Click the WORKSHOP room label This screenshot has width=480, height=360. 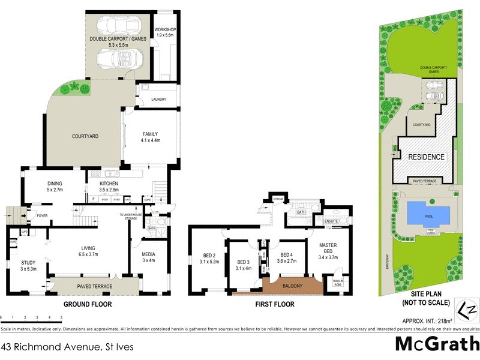pyautogui.click(x=164, y=29)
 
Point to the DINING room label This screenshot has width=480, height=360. pyautogui.click(x=59, y=183)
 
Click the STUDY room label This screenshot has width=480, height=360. pyautogui.click(x=28, y=262)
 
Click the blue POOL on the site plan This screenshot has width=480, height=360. pyautogui.click(x=428, y=212)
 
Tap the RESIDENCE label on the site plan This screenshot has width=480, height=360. pyautogui.click(x=427, y=157)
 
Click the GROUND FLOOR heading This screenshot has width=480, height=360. pyautogui.click(x=88, y=304)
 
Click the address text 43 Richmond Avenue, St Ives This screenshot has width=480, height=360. pyautogui.click(x=67, y=347)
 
